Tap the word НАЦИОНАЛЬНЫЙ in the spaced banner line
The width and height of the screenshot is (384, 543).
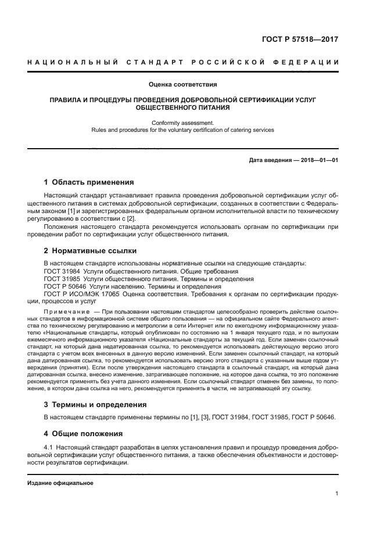(x=69, y=62)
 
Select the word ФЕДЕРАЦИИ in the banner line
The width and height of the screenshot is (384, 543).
(x=310, y=62)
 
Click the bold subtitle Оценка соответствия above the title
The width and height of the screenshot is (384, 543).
(x=183, y=84)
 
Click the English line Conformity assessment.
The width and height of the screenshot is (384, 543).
(x=183, y=123)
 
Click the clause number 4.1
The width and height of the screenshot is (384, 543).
(x=49, y=447)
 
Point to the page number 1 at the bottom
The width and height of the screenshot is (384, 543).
(x=336, y=494)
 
